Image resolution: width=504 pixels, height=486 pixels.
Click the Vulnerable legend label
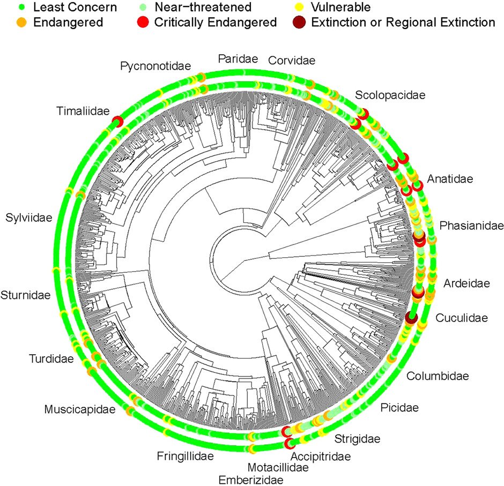[x=339, y=8]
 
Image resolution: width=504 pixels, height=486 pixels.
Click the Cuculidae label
[x=461, y=318]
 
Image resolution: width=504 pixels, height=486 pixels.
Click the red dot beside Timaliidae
[x=117, y=123]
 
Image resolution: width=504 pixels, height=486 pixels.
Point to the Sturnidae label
[x=26, y=295]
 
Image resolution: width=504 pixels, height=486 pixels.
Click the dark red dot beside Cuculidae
[x=411, y=317]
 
